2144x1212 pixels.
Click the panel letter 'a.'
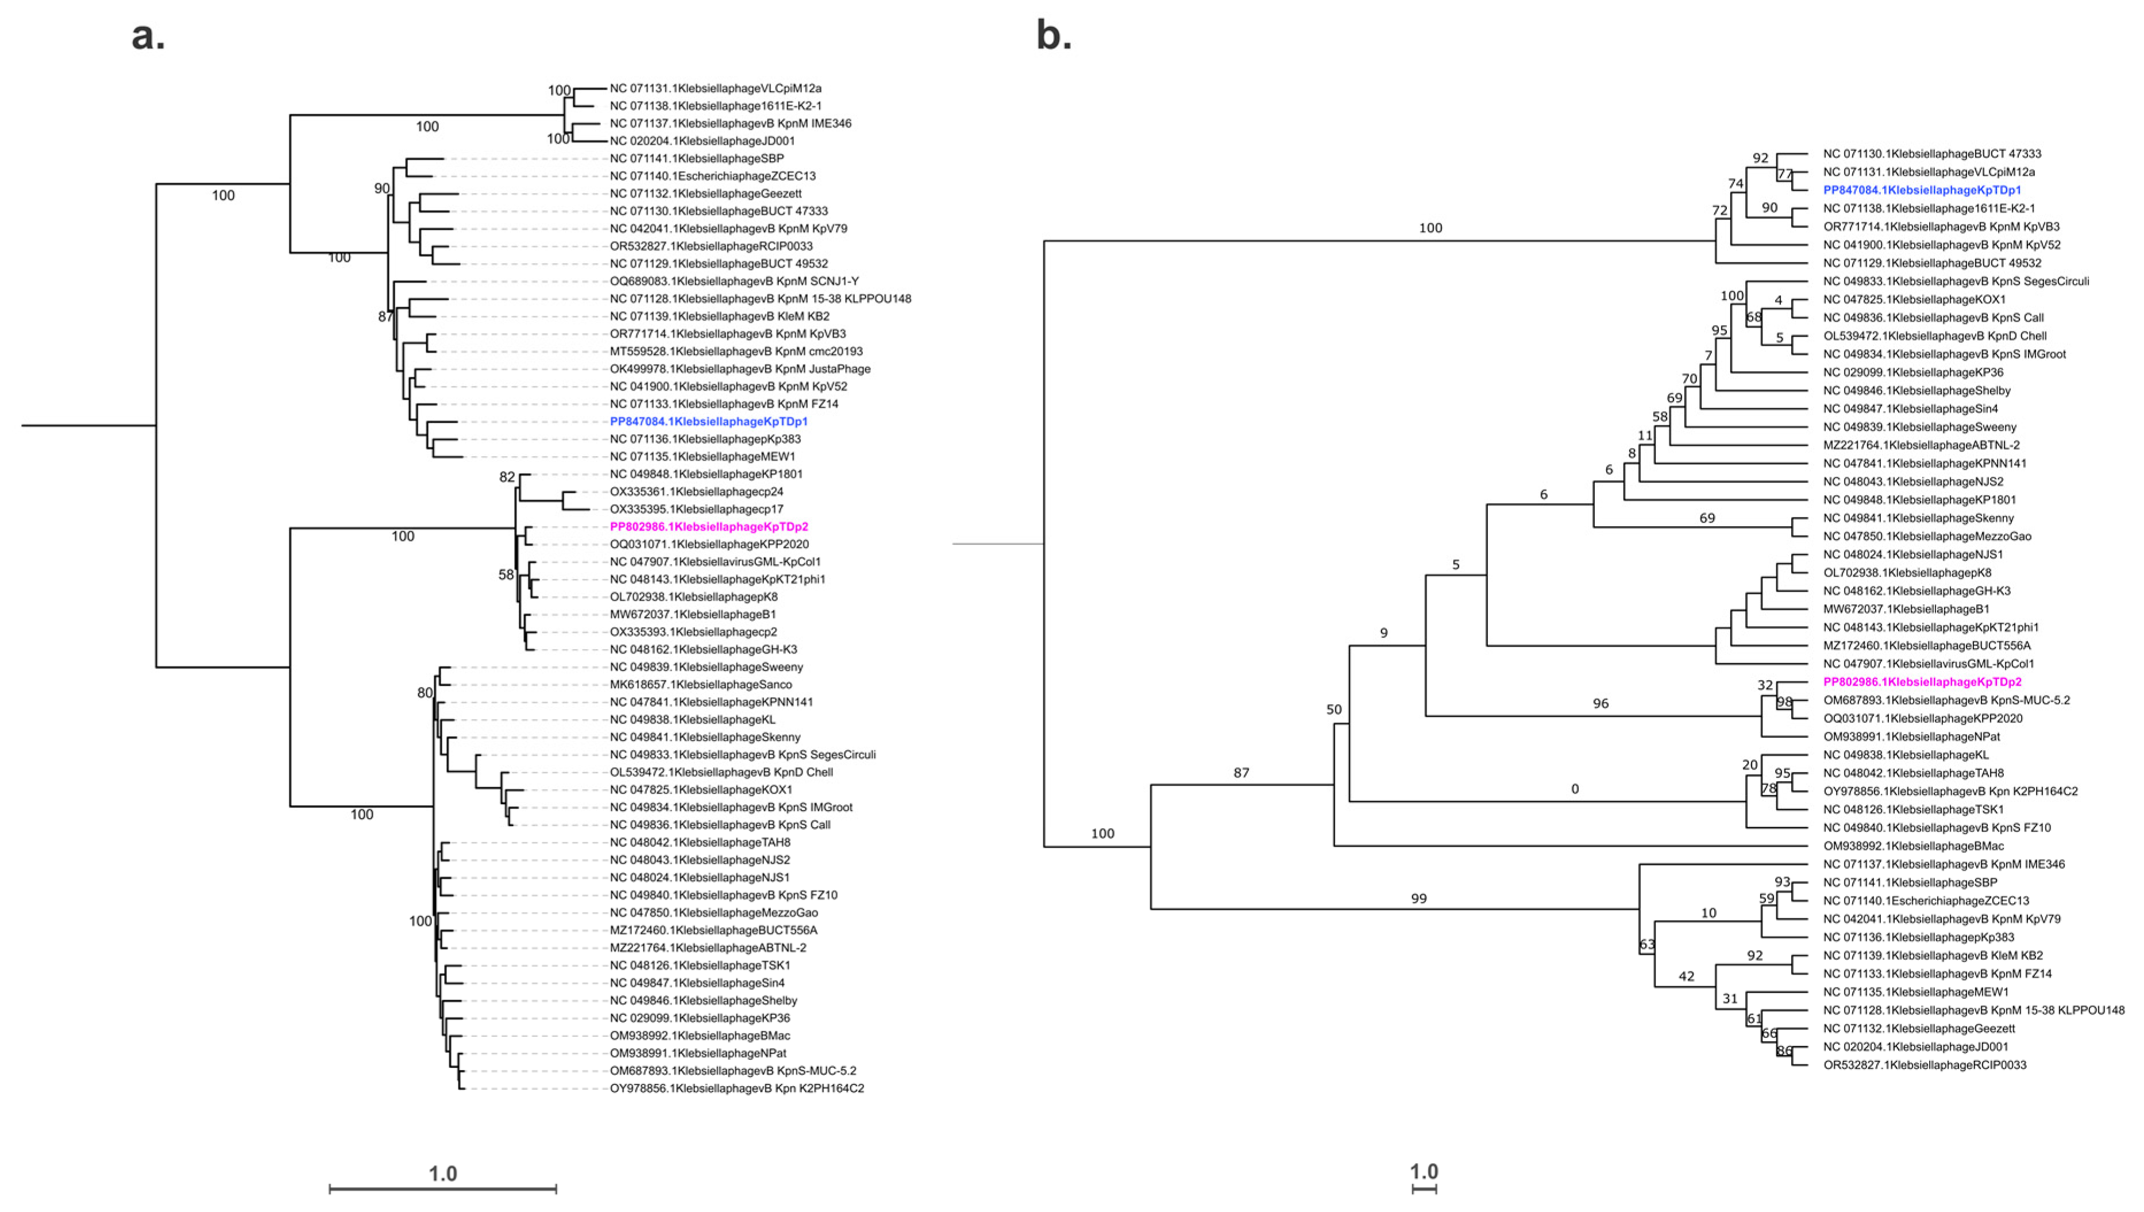[148, 37]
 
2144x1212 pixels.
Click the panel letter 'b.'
[1053, 37]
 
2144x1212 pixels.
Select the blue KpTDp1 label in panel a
[708, 421]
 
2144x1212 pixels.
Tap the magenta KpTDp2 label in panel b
[1922, 682]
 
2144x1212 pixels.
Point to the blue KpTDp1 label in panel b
[1922, 190]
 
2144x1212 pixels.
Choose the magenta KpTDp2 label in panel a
[708, 526]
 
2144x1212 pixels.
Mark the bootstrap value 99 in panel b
[1418, 898]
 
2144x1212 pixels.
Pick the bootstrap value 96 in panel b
[1601, 704]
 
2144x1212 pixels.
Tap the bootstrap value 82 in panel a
[507, 477]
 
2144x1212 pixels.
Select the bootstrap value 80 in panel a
[425, 693]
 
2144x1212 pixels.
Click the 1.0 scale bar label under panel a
[443, 1173]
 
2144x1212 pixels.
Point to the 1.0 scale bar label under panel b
[1423, 1171]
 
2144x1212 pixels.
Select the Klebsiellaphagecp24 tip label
[696, 491]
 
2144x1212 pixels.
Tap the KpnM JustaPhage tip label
[740, 369]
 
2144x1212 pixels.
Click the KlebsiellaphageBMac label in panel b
[1912, 846]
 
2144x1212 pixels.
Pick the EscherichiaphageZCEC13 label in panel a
[712, 176]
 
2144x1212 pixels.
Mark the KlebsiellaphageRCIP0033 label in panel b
[1925, 1064]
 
